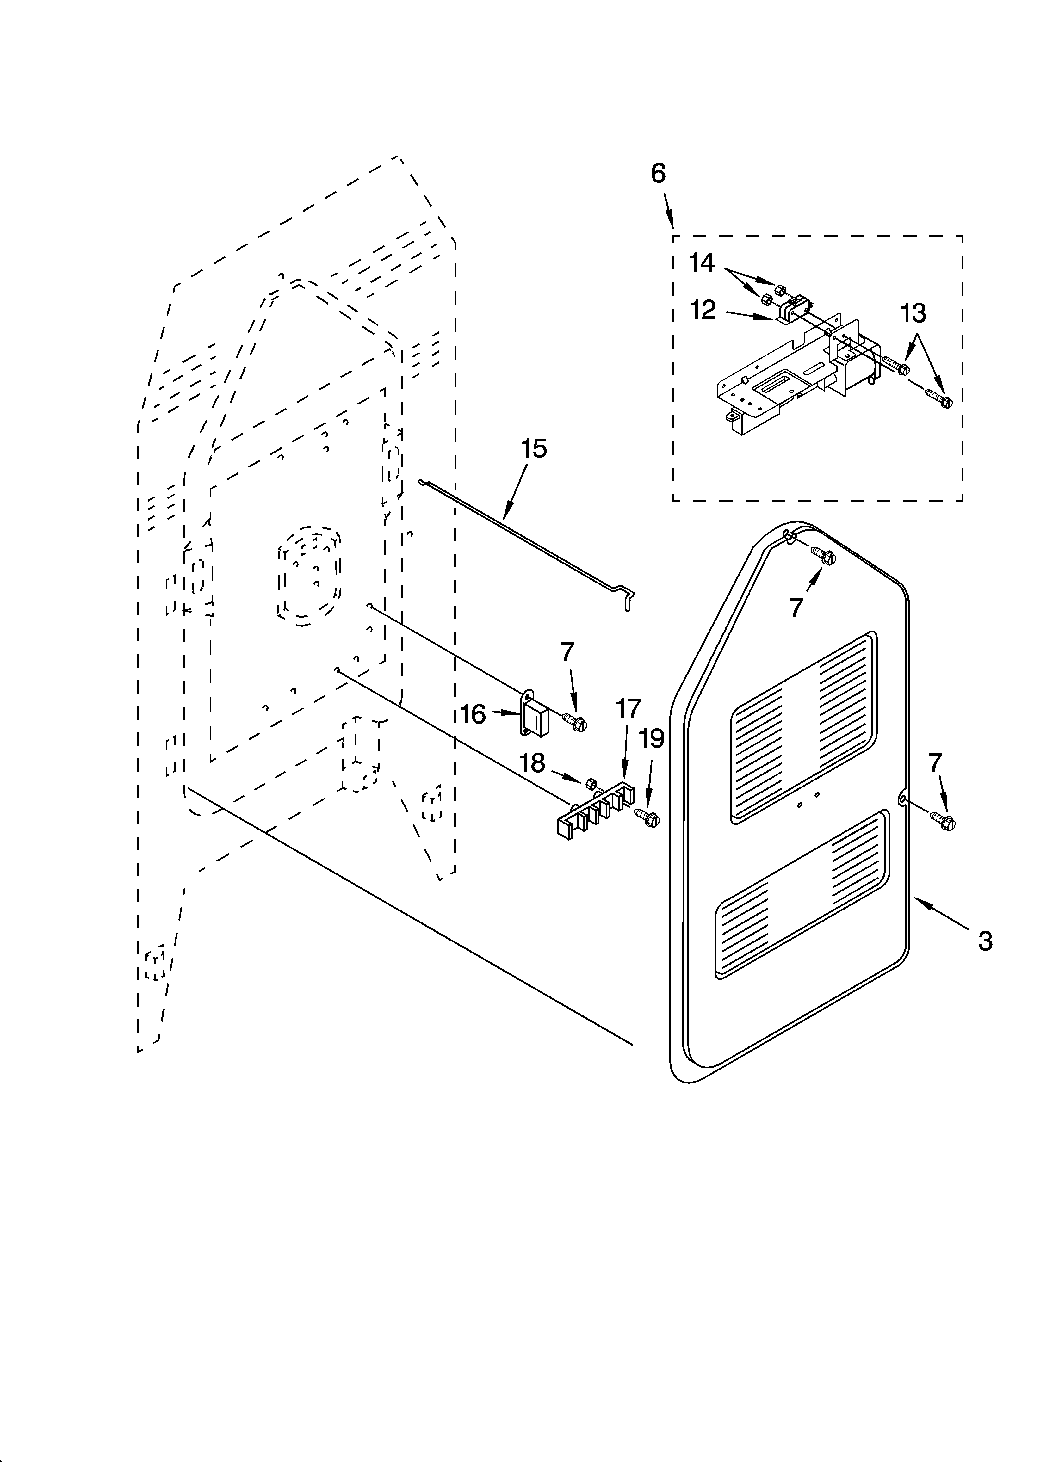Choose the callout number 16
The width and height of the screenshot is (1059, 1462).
click(474, 714)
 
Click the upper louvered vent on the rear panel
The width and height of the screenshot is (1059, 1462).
click(803, 728)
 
